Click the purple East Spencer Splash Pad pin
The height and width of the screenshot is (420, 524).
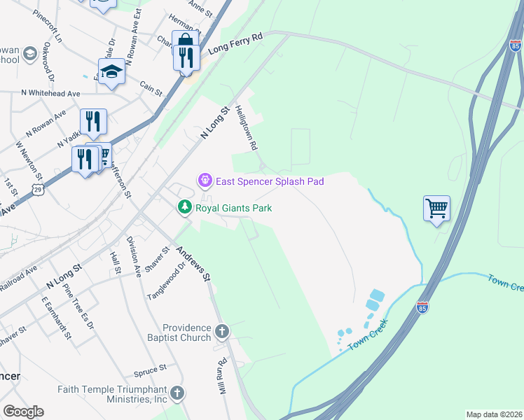tap(205, 181)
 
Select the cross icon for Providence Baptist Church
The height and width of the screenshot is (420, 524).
tap(221, 331)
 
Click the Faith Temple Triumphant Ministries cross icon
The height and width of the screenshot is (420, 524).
tap(178, 393)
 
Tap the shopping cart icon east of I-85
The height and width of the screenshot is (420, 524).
tap(436, 209)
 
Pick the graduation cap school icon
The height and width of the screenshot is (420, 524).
tap(111, 72)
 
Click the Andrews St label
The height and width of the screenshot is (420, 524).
tap(194, 263)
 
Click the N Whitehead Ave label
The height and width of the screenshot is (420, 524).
tap(50, 92)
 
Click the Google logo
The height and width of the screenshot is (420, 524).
tap(23, 412)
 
